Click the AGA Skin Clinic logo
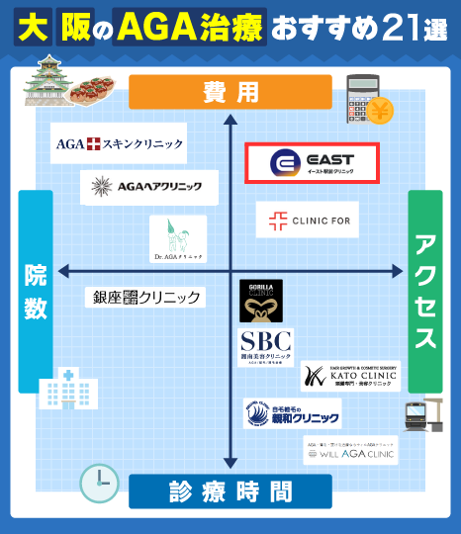120,144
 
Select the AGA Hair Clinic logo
145,185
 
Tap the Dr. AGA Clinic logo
178,240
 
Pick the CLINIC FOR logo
308,220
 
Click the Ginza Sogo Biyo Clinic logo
147,297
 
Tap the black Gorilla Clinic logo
261,301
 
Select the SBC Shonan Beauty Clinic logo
266,349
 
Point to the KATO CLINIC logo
351,376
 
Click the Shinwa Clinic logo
292,412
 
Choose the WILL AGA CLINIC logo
351,451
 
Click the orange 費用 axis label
230,93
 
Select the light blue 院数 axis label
35,292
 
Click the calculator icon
365,98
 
